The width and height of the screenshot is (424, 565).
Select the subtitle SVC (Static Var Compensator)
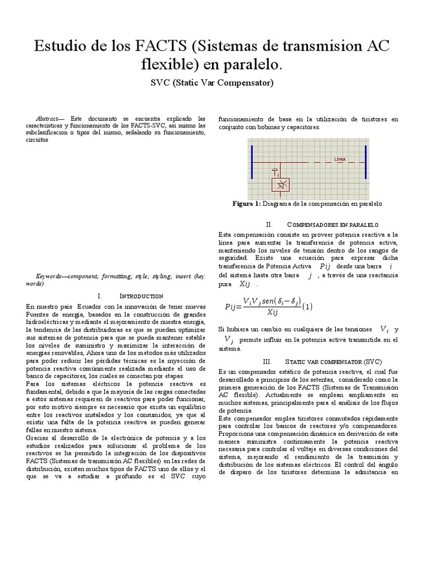tap(212, 83)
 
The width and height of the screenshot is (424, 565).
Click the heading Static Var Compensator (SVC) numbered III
tap(333, 361)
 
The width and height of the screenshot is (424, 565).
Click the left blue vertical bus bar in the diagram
tap(252, 162)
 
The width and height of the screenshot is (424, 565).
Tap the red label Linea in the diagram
tap(340, 159)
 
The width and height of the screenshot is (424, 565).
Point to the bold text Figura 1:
tap(247, 204)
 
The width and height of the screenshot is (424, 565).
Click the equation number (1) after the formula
tap(308, 306)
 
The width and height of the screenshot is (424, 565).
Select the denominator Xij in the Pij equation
tap(272, 312)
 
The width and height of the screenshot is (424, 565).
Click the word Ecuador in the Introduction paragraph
tap(90, 306)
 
